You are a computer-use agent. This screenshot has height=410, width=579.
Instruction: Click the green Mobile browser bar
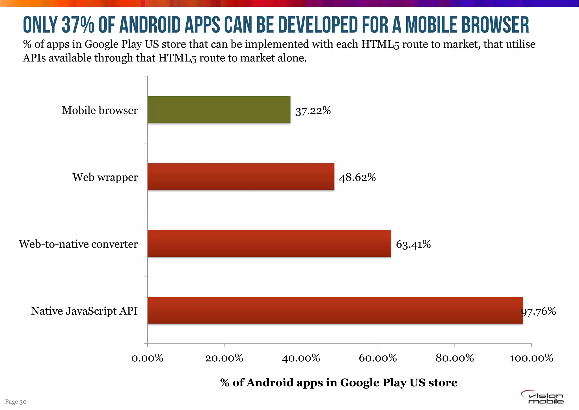click(x=219, y=110)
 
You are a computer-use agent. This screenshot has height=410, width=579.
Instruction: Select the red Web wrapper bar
click(x=241, y=176)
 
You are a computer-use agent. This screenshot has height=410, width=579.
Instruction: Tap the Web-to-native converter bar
click(x=269, y=243)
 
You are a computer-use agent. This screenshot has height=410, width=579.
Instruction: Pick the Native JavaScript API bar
click(x=335, y=310)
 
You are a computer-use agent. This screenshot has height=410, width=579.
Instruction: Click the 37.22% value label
click(x=313, y=111)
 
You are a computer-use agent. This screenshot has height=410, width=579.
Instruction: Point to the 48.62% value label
click(x=357, y=177)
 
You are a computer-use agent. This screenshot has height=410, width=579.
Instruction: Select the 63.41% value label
click(x=413, y=244)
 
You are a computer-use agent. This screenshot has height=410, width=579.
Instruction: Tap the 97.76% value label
click(x=539, y=311)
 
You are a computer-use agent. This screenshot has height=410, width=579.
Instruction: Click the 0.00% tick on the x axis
click(x=148, y=358)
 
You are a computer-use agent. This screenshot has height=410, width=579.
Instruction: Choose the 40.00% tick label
click(x=301, y=358)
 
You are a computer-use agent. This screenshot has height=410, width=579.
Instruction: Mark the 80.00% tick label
click(x=455, y=358)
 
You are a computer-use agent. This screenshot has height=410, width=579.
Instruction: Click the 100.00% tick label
click(x=531, y=358)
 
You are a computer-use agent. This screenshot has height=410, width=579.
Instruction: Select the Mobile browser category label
click(x=100, y=110)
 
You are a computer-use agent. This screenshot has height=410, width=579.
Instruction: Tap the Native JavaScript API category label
click(x=84, y=311)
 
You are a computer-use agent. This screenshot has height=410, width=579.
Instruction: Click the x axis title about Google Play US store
click(x=339, y=383)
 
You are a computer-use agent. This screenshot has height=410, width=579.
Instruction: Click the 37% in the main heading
click(x=78, y=25)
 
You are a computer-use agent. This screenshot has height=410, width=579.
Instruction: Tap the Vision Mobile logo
click(x=542, y=397)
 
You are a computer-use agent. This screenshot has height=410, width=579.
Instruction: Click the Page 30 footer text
click(x=16, y=402)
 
